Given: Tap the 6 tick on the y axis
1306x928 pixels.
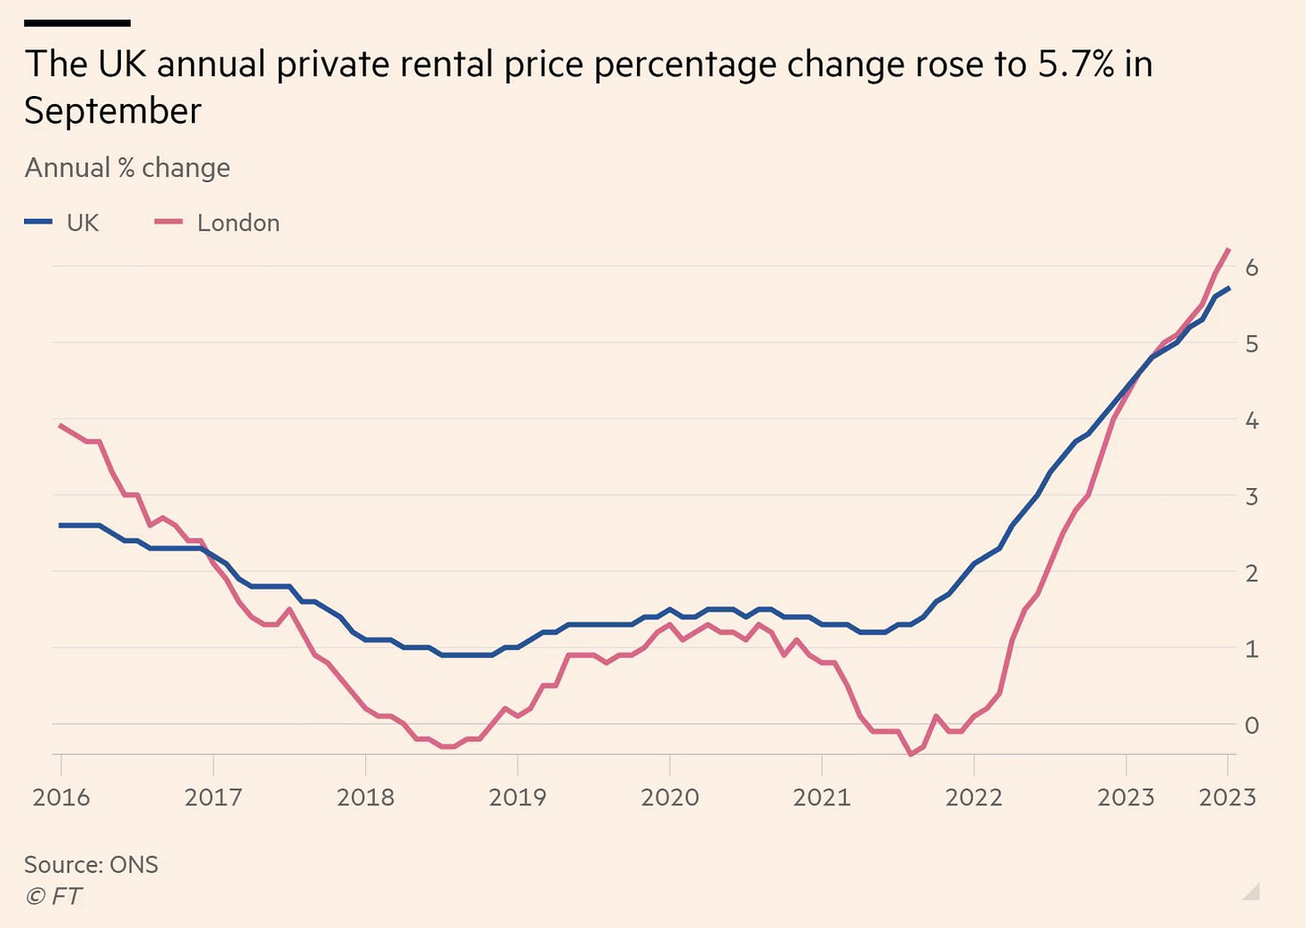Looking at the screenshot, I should click(x=1251, y=267).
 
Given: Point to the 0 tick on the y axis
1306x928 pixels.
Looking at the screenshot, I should click(x=1251, y=724).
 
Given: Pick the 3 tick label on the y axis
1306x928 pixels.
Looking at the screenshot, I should click(x=1251, y=496).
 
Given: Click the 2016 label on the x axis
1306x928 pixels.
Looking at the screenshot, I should click(x=61, y=797).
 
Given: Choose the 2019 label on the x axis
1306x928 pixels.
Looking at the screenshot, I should click(x=518, y=797).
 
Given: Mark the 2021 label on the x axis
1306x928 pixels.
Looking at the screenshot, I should click(x=822, y=797).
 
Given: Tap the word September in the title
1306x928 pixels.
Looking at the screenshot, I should click(x=113, y=111).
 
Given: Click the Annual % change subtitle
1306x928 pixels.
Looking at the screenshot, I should click(x=127, y=168).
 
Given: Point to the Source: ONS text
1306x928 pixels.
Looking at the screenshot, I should click(x=91, y=864).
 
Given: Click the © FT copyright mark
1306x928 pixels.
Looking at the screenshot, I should click(x=53, y=896).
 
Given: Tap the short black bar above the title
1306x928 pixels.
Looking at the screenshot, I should click(x=77, y=22).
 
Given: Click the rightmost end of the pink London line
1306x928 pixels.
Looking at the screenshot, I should click(x=1228, y=250).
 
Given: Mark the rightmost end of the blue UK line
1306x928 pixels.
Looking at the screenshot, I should click(x=1228, y=288).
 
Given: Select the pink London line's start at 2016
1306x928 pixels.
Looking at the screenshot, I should click(x=61, y=425).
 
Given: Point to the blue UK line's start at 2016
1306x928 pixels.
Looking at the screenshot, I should click(x=61, y=525).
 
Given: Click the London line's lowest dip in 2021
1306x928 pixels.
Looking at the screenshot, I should click(x=911, y=754).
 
